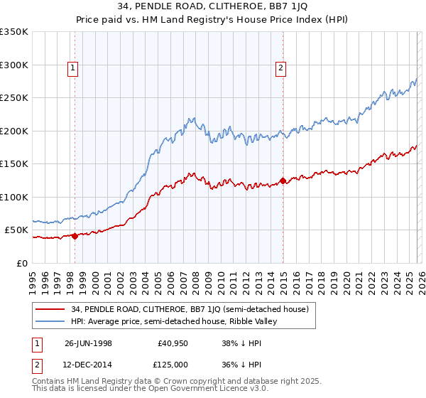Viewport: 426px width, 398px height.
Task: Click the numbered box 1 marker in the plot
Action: click(74, 68)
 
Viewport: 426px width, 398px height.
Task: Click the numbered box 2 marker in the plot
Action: click(281, 68)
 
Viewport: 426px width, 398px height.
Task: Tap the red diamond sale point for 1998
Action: click(75, 237)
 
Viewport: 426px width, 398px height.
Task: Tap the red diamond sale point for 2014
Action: click(283, 181)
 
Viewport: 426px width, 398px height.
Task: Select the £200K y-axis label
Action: click(14, 131)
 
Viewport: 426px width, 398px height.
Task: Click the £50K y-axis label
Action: click(16, 230)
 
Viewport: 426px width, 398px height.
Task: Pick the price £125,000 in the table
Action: click(173, 364)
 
